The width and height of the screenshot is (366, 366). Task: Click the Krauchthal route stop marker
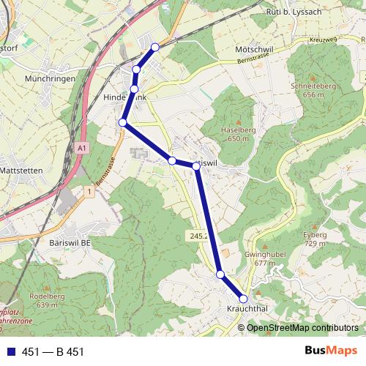tap(244, 298)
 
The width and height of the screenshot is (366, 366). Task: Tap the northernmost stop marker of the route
tap(154, 48)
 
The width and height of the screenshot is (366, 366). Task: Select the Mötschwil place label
tap(254, 48)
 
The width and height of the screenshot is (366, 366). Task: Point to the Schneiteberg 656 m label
tap(312, 89)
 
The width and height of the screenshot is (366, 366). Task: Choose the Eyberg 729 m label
tap(314, 238)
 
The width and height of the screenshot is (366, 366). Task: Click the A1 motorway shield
tap(81, 148)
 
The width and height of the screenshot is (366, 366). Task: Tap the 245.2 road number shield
tap(198, 236)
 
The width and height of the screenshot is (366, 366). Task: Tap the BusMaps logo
tap(331, 351)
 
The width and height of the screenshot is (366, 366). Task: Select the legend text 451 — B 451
tap(53, 351)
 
